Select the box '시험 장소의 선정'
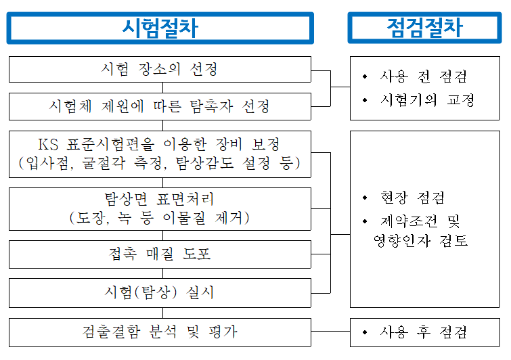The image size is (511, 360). (x=160, y=69)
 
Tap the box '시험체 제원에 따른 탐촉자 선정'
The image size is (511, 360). (x=160, y=106)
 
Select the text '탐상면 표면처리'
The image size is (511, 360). (x=160, y=200)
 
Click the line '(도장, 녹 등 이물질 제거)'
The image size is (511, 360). (x=160, y=218)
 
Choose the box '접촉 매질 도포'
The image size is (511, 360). (x=160, y=254)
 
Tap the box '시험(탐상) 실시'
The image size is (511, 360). (x=160, y=293)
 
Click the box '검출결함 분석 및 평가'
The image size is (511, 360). (x=160, y=332)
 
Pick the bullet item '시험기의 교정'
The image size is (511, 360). (x=427, y=100)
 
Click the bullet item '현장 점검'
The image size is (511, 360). (x=413, y=198)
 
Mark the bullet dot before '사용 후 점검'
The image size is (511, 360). (x=366, y=332)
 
